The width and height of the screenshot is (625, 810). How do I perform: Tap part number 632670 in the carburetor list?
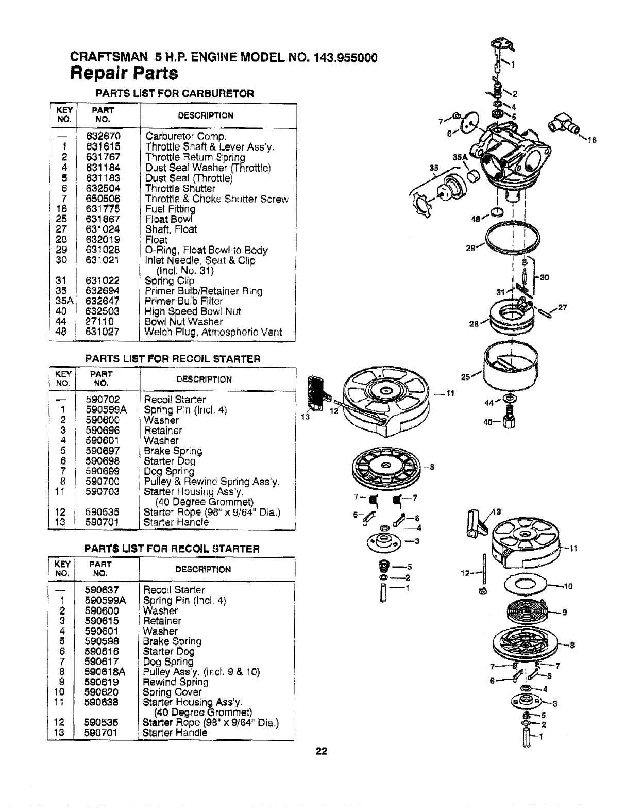[x=103, y=137]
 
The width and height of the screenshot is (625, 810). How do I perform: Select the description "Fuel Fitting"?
[x=170, y=209]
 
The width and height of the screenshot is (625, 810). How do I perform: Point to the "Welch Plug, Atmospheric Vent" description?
[x=214, y=332]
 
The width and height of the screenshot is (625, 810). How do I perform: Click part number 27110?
[x=100, y=322]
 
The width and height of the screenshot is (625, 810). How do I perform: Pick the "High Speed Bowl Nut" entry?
[x=193, y=311]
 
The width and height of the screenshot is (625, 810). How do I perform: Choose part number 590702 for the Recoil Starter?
[x=103, y=400]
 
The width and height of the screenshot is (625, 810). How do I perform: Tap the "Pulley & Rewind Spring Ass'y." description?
[x=212, y=482]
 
